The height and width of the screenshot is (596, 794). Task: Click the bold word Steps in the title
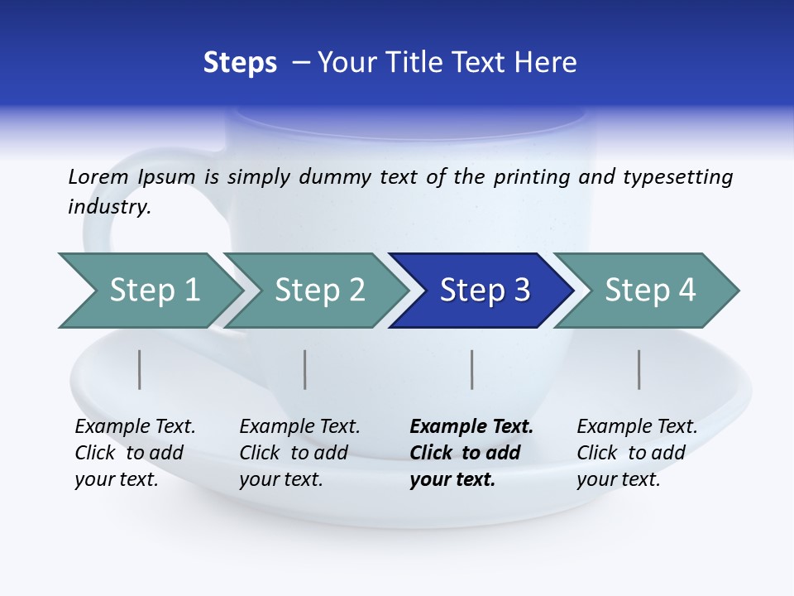(x=240, y=62)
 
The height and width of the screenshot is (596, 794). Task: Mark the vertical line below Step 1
(x=140, y=369)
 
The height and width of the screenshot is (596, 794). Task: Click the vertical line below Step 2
(x=305, y=369)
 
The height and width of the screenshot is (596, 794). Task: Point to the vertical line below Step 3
(x=471, y=369)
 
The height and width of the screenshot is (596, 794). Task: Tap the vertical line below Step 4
(x=639, y=369)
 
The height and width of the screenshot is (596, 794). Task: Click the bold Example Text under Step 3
(x=471, y=427)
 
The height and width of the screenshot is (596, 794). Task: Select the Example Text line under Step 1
(x=135, y=427)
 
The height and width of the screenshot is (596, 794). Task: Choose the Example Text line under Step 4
(x=637, y=427)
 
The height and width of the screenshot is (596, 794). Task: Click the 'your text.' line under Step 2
(x=280, y=479)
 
